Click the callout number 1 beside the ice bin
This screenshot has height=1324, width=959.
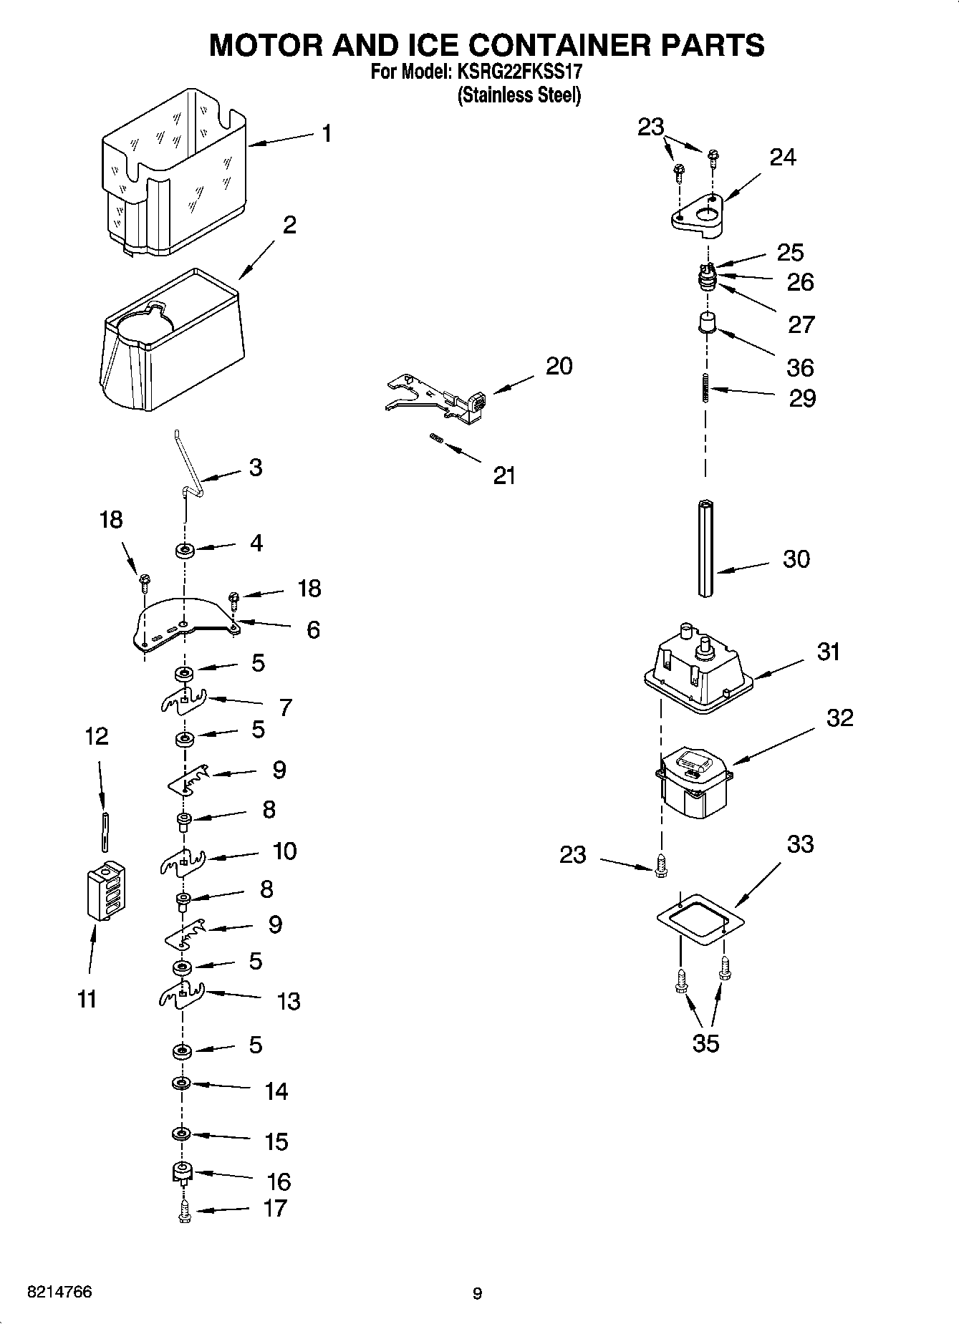[327, 134]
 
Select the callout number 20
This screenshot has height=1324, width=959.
[559, 366]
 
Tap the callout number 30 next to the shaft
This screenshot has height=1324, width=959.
[796, 559]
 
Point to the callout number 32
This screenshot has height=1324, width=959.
[839, 717]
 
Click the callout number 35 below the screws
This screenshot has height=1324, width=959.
[705, 1043]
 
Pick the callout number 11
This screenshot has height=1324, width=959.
[87, 998]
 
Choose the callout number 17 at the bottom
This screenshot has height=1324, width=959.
[275, 1208]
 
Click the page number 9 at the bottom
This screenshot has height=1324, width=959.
[478, 1293]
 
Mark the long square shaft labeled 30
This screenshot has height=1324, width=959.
[707, 548]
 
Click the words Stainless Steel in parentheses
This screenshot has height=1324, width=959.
[519, 95]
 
